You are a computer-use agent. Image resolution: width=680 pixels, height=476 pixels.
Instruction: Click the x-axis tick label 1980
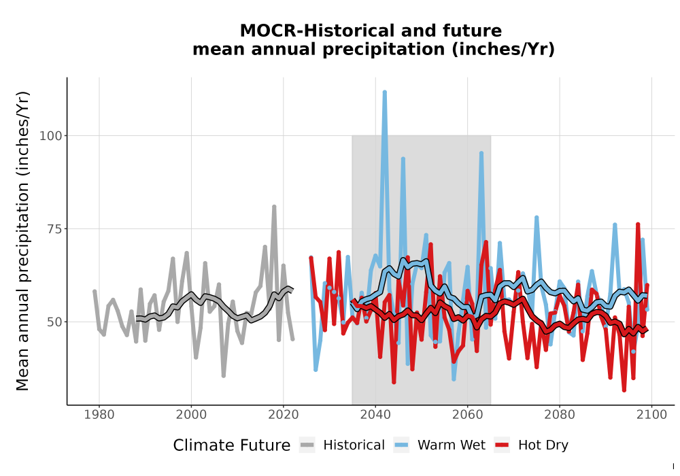point(99,414)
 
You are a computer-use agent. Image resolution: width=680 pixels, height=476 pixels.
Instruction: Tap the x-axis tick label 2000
point(191,414)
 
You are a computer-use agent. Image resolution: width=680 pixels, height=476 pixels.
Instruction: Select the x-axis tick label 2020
point(283,414)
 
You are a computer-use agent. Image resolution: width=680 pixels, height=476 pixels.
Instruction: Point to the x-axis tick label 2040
point(375,414)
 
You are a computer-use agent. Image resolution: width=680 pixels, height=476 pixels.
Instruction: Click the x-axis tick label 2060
point(468,414)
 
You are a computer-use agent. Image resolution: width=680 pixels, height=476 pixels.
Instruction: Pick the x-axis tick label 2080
point(560,414)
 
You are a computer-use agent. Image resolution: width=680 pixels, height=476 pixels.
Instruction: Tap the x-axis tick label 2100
point(651,414)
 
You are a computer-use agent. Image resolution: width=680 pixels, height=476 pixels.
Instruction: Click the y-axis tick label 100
point(51,136)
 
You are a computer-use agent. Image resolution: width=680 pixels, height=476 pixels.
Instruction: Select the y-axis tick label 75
point(54,229)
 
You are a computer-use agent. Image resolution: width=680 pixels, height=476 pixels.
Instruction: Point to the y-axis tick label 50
point(54,322)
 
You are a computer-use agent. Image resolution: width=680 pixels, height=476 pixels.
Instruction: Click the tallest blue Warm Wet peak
point(385,92)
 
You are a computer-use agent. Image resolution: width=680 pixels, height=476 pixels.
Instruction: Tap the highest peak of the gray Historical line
point(274,207)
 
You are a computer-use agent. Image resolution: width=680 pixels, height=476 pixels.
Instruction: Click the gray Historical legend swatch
point(307,445)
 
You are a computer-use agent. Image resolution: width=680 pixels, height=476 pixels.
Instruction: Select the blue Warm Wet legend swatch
point(401,445)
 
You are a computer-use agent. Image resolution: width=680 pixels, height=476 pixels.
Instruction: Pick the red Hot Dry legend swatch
point(502,445)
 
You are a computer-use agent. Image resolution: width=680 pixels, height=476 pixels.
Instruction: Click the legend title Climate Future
point(232,445)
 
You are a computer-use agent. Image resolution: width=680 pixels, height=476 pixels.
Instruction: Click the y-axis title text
point(22,241)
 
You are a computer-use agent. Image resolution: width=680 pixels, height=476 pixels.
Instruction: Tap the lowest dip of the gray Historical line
point(223,375)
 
